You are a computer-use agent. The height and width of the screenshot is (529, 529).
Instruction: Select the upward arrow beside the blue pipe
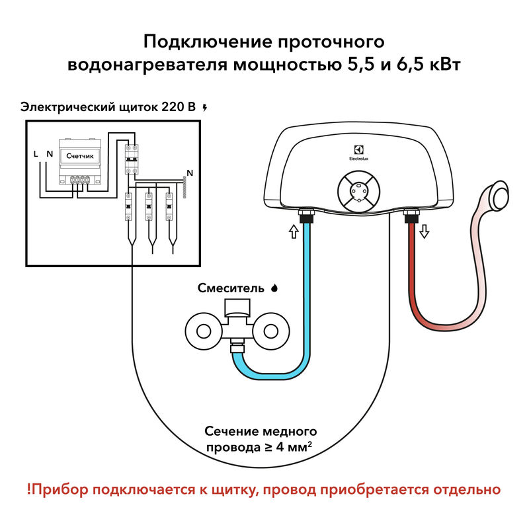point(292,231)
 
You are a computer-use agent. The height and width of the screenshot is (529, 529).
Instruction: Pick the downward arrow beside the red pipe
point(424,231)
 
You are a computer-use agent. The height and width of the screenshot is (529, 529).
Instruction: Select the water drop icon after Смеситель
point(274,288)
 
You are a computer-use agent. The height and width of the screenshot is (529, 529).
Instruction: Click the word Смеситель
point(233,288)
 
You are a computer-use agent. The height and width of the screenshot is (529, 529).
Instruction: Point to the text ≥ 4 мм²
point(286,447)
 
